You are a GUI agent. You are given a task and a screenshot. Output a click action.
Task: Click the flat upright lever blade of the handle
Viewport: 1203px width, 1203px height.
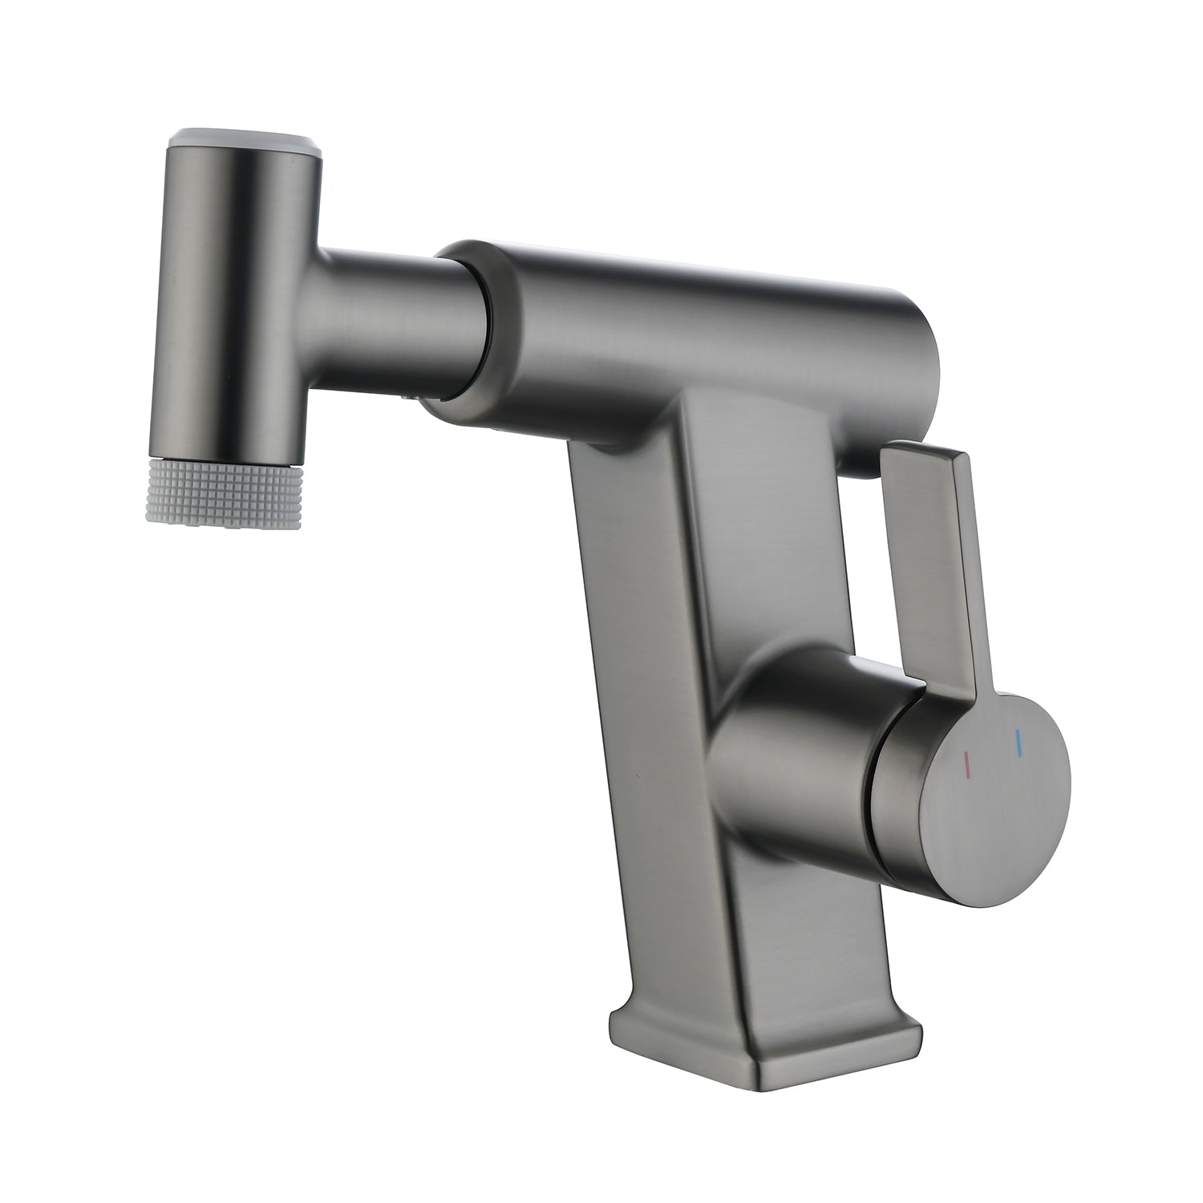(934, 561)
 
